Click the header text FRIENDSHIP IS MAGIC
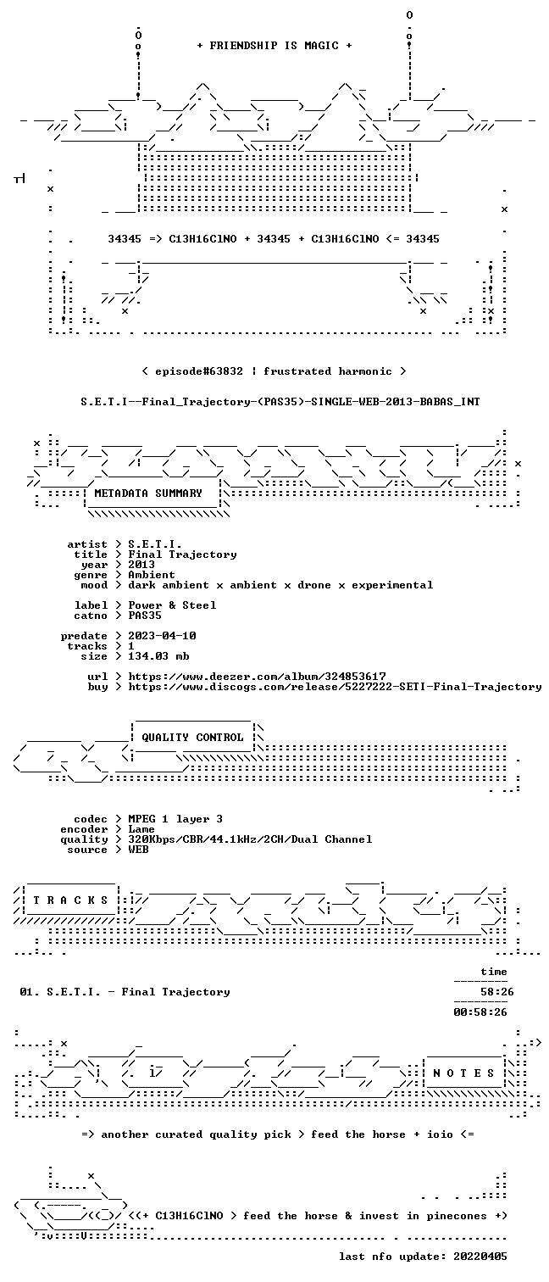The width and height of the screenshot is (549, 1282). click(274, 46)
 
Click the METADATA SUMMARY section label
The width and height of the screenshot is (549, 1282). click(148, 493)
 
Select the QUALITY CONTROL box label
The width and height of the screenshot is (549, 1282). click(192, 738)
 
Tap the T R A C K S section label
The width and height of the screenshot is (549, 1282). click(70, 900)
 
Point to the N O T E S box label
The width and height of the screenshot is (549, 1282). click(463, 1073)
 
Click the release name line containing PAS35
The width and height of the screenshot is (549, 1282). click(280, 402)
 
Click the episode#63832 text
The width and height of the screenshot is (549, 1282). click(199, 371)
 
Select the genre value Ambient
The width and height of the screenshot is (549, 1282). click(152, 575)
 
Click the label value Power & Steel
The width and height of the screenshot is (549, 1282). click(172, 605)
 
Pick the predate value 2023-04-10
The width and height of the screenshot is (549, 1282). click(162, 636)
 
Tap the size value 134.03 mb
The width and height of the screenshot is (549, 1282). click(158, 656)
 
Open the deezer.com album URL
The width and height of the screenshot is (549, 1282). click(257, 677)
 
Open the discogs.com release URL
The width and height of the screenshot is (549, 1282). click(335, 687)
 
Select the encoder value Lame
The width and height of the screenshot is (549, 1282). click(141, 829)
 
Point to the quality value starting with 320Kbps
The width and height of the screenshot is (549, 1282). click(250, 839)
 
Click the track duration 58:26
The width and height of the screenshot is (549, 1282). click(497, 992)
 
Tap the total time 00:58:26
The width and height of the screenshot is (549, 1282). click(480, 1012)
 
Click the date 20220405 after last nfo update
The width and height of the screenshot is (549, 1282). click(480, 1257)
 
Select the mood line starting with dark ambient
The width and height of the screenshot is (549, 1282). click(280, 585)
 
